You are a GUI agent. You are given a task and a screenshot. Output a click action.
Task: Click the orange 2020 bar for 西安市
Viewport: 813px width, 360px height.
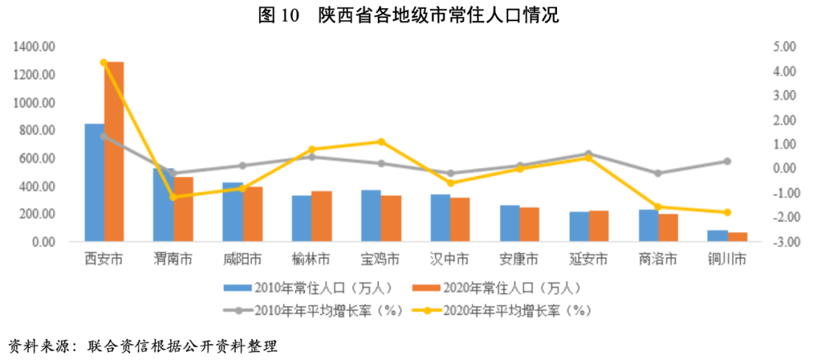click(x=114, y=151)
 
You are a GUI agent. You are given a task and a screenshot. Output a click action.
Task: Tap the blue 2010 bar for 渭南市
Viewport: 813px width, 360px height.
click(x=163, y=205)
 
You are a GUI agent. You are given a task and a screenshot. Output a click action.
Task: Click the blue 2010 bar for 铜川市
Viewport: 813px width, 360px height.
click(x=718, y=236)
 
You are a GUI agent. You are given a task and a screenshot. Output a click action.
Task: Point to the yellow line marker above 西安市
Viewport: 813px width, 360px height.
click(x=104, y=63)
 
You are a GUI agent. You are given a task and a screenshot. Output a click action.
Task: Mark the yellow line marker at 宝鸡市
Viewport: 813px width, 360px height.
click(x=382, y=142)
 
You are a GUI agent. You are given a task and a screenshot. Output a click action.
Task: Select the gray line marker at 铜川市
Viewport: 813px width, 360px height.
click(x=728, y=161)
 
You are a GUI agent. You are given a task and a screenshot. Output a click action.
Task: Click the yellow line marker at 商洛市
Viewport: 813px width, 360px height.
click(x=658, y=207)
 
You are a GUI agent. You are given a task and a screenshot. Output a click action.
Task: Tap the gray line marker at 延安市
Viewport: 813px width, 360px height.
click(x=589, y=154)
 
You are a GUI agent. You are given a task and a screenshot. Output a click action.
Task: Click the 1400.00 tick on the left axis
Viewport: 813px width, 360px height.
click(x=35, y=47)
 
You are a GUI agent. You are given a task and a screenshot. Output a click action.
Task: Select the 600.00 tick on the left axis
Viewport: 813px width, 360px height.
click(x=38, y=158)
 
